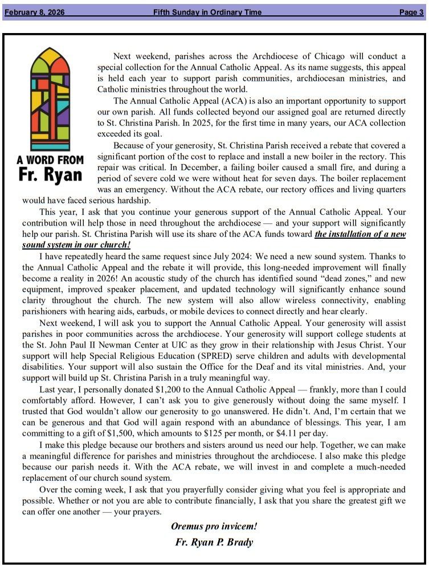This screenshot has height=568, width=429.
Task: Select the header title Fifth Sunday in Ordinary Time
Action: coord(209,13)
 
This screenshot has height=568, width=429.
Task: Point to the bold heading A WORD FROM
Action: coord(50,160)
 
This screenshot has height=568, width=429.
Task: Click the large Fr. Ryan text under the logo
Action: coord(50,175)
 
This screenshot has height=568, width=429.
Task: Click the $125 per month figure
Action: coord(210,434)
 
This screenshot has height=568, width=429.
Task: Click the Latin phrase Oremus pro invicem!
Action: coord(214,526)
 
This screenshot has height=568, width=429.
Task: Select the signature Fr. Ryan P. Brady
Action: coord(214,542)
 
